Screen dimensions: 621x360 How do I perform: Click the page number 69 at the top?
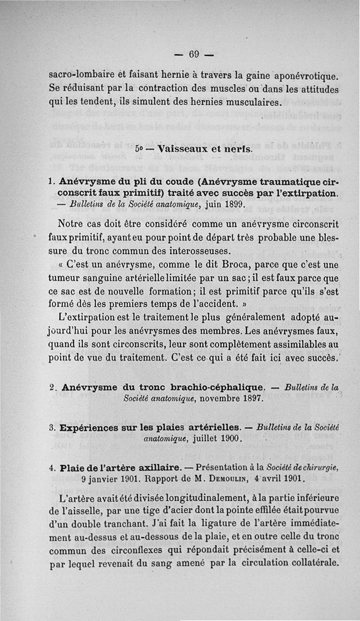194,54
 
